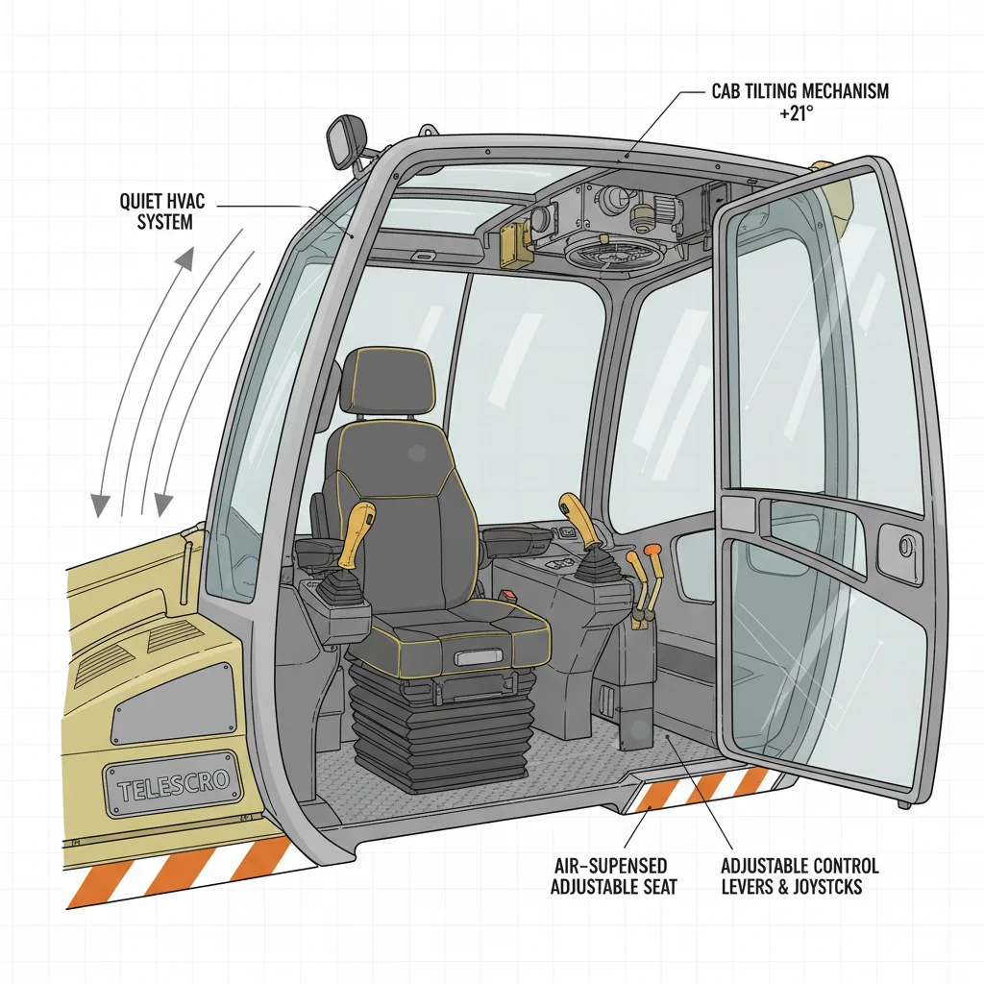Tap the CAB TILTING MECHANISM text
799,91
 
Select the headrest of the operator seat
386,383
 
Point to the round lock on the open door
904,547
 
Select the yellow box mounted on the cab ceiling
517,242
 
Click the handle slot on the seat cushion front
480,657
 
